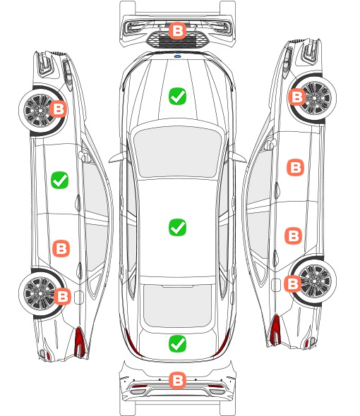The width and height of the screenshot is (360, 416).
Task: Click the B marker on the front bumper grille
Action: (177, 30)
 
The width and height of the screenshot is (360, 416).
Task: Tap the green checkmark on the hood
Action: (177, 96)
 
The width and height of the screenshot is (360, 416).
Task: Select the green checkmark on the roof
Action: (177, 227)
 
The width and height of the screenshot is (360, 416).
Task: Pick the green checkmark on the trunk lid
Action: (177, 343)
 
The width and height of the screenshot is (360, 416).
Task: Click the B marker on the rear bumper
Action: (177, 381)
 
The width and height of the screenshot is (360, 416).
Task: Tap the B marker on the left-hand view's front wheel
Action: (59, 109)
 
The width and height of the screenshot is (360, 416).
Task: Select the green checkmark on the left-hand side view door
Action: (60, 180)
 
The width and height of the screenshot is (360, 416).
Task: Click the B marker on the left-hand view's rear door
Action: (61, 249)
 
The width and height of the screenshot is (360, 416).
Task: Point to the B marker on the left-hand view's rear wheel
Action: (63, 296)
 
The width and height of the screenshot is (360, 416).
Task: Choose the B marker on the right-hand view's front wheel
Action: (296, 97)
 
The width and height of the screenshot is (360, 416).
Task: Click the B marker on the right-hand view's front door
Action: (296, 167)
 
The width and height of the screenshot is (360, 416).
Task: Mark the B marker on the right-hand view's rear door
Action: (294, 235)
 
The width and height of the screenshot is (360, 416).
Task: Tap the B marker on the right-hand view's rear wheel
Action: (293, 284)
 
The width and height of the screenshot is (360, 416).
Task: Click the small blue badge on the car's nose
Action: (177, 56)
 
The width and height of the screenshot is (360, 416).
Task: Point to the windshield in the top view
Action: (177, 152)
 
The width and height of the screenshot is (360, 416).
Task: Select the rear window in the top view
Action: (177, 305)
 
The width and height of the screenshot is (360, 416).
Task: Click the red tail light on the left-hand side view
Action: (80, 342)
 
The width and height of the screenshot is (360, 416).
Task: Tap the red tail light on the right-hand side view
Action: (275, 330)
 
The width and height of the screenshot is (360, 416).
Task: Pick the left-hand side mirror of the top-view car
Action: (118, 157)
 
